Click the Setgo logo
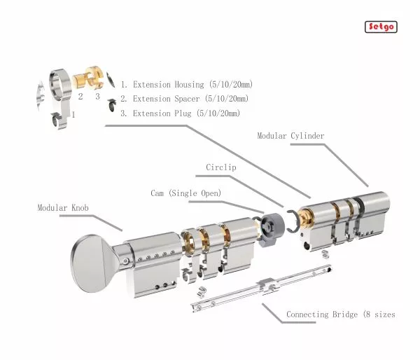[x=381, y=27]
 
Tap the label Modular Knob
[x=63, y=208]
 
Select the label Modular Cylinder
[x=290, y=136]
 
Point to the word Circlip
[x=221, y=167]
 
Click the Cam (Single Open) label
[x=186, y=193]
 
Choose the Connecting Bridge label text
[x=341, y=314]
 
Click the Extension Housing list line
[x=186, y=85]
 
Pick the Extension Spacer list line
[x=184, y=99]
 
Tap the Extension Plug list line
[x=180, y=113]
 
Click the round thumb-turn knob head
[x=90, y=263]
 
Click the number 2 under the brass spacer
[x=80, y=96]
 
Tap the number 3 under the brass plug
[x=97, y=96]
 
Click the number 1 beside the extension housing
[x=73, y=115]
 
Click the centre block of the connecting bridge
[x=267, y=284]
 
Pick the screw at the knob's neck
[x=125, y=261]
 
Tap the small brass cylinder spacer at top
[x=78, y=79]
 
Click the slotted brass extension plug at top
[x=94, y=77]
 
